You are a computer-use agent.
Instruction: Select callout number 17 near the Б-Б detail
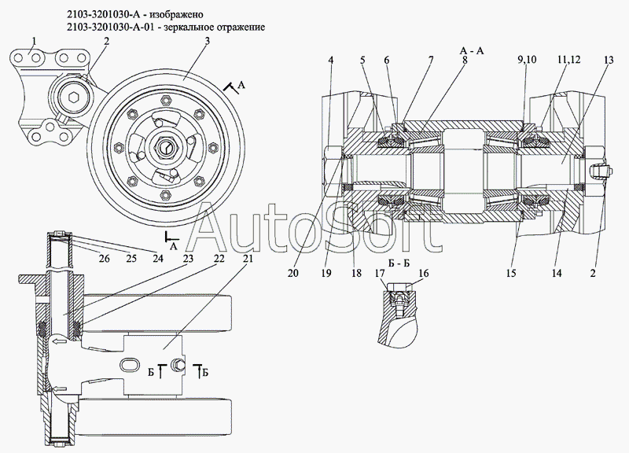click(x=379, y=273)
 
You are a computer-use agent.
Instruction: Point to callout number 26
click(x=103, y=257)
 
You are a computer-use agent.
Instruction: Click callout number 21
click(x=248, y=257)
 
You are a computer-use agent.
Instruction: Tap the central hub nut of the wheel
click(x=167, y=147)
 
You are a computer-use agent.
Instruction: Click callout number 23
click(x=189, y=257)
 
